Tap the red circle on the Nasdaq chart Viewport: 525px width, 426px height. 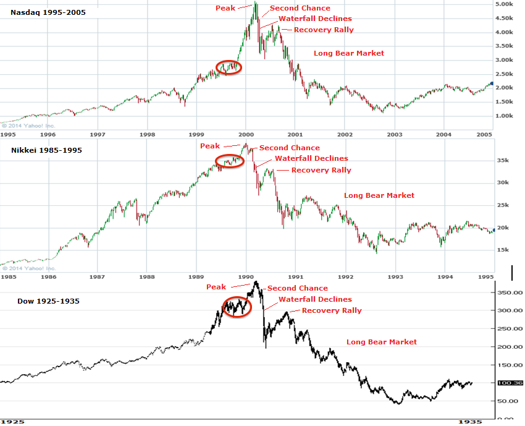pos(228,67)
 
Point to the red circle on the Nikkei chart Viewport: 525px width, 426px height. pos(230,161)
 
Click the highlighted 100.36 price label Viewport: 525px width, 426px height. pos(513,383)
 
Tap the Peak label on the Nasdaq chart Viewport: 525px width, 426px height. pos(225,8)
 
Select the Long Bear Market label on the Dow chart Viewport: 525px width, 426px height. pos(381,342)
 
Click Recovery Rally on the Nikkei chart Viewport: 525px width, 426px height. pos(321,170)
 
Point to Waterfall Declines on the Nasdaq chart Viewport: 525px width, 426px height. pos(315,19)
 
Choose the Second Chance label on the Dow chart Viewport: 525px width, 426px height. pos(297,288)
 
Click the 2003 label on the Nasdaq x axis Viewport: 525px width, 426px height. pos(395,134)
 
